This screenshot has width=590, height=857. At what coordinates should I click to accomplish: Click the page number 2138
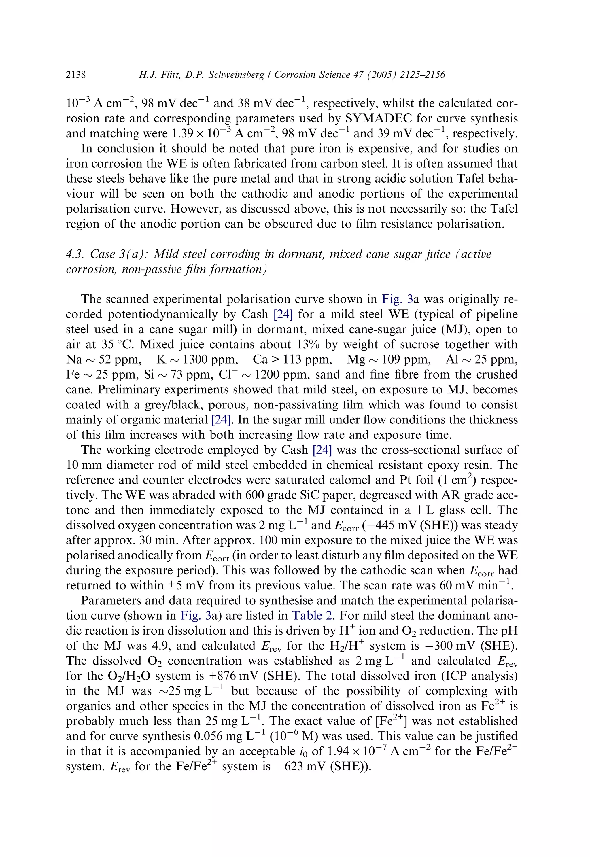(76, 75)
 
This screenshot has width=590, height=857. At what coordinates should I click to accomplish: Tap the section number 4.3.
(74, 254)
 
